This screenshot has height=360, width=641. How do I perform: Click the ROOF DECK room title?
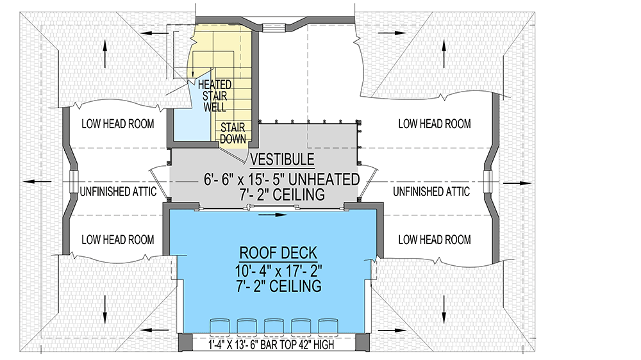[x=278, y=253]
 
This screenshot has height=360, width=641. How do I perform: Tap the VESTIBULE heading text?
[x=282, y=159]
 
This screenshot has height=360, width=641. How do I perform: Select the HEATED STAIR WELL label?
[x=215, y=96]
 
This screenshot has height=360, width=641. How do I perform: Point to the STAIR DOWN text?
[x=233, y=133]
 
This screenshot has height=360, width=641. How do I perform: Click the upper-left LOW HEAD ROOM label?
[x=118, y=124]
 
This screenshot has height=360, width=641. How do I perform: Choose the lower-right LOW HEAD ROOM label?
[x=435, y=240]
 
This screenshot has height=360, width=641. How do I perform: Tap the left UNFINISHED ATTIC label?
[x=118, y=192]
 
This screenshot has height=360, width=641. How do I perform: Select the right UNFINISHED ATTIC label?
[x=431, y=192]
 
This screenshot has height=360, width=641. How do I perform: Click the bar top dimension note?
[x=271, y=345]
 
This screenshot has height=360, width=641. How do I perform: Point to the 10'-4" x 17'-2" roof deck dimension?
[x=278, y=270]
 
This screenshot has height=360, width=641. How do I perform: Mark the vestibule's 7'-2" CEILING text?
[x=282, y=195]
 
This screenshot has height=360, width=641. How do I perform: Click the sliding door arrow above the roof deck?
[x=273, y=215]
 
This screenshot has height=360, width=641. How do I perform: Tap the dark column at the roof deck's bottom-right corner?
[x=363, y=342]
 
